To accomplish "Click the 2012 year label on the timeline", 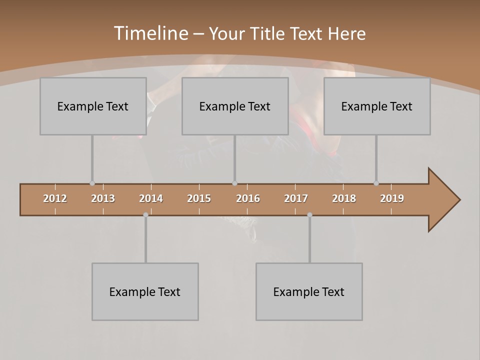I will [x=55, y=198].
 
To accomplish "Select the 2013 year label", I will [x=103, y=198].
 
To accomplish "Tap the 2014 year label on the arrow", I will [x=151, y=198].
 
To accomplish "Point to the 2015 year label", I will [x=199, y=198].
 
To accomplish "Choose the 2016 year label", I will [x=248, y=198].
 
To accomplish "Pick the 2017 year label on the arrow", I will [x=296, y=198].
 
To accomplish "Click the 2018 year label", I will [x=344, y=198].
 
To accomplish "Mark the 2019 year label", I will [x=392, y=198].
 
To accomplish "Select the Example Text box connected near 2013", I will [x=93, y=106].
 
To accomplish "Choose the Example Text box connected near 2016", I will [x=235, y=106].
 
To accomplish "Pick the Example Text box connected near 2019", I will [x=377, y=106].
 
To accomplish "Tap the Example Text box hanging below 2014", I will [x=145, y=291].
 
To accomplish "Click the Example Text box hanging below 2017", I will [x=309, y=291].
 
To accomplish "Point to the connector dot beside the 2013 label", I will [x=92, y=183].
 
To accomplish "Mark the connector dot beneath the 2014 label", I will [x=145, y=215].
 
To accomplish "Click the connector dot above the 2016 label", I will [x=235, y=183].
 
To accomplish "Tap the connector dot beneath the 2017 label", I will [x=309, y=215].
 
